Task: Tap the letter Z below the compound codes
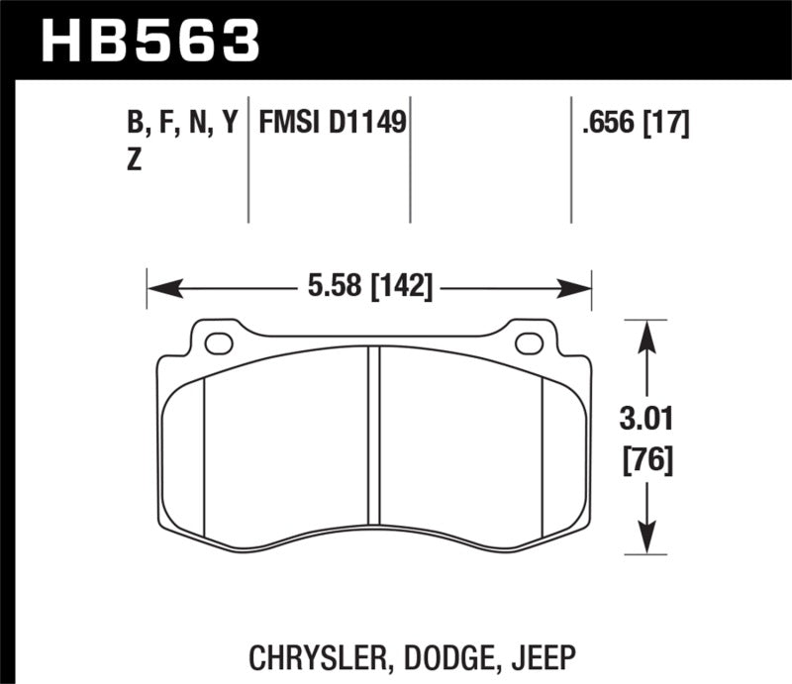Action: click(134, 161)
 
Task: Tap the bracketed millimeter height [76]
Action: click(646, 460)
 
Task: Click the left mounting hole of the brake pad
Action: click(218, 343)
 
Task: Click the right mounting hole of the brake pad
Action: click(530, 343)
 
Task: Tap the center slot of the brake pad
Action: click(373, 436)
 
